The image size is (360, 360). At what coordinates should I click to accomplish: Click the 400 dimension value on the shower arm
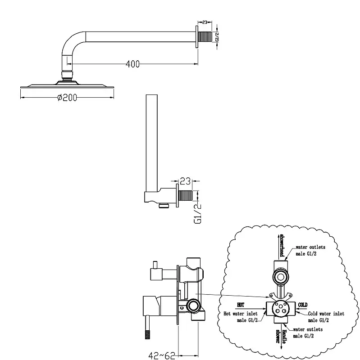132,64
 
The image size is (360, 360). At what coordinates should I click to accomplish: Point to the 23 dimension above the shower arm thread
205,21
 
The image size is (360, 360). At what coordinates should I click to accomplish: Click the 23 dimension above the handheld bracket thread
185,182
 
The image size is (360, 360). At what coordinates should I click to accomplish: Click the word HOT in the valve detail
240,304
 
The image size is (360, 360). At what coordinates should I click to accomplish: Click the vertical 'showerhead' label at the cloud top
281,245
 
